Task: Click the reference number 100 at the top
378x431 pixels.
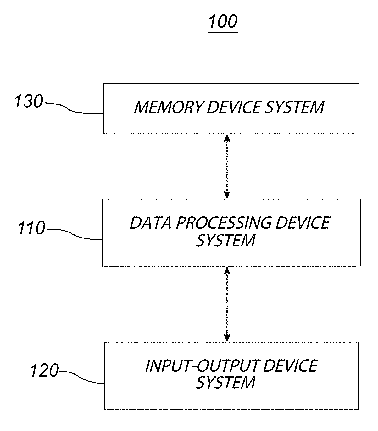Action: tap(223, 21)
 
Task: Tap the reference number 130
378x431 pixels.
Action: tap(29, 101)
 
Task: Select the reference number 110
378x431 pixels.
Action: tap(31, 228)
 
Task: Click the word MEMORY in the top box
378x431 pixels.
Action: tap(169, 107)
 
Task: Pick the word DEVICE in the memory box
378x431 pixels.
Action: tap(234, 107)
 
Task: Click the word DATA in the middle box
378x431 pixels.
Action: tap(151, 223)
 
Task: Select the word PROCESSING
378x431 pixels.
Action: tap(224, 223)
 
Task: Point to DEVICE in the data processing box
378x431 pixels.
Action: tap(303, 223)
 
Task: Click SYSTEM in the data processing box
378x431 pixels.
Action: tap(225, 240)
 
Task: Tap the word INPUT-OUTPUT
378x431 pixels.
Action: tap(202, 366)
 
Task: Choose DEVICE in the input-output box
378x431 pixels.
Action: tap(290, 366)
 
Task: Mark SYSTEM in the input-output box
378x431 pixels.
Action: tap(225, 383)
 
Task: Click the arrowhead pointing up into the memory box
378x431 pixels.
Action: tap(227, 138)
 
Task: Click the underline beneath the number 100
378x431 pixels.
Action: tap(223, 33)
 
